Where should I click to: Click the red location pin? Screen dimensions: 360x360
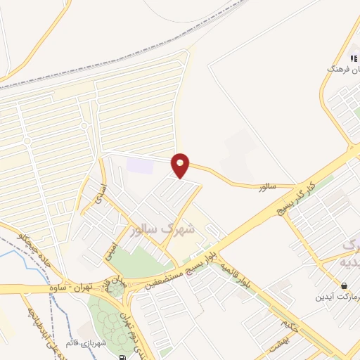pos(181,165)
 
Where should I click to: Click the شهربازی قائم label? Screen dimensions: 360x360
pos(89,344)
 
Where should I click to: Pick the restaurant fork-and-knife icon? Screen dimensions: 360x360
pos(352,58)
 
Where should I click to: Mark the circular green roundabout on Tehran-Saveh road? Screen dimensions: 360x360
pos(116,288)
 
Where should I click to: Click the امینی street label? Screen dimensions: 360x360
pos(112,252)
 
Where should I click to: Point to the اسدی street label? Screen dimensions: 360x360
pos(101,192)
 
